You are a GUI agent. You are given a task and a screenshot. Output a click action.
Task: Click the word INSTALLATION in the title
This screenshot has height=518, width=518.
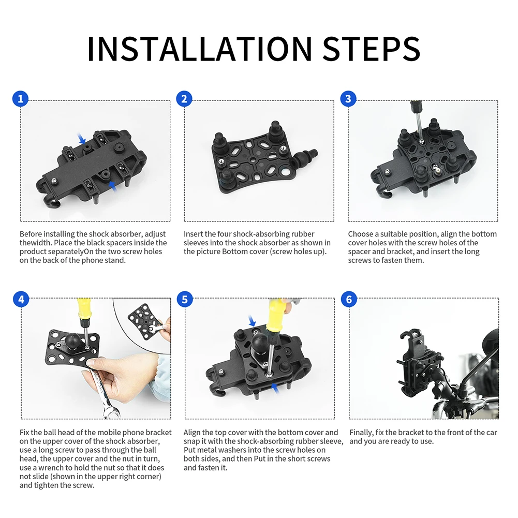point(200,49)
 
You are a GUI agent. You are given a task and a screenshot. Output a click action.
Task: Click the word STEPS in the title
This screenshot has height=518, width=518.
point(371,49)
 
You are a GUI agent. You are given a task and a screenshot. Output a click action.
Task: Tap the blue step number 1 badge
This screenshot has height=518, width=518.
point(21,99)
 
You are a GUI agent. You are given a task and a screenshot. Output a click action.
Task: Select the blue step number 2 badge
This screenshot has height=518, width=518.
point(184,99)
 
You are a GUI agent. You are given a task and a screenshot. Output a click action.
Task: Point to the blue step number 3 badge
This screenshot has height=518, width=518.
point(348,99)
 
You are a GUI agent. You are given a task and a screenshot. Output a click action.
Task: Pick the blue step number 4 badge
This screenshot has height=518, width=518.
point(21,299)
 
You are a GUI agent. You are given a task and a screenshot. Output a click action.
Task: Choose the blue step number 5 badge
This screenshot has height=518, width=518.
point(185,299)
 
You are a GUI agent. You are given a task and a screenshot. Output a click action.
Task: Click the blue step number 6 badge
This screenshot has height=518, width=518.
point(349,299)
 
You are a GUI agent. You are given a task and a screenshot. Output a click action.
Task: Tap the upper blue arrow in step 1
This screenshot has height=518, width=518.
point(81,138)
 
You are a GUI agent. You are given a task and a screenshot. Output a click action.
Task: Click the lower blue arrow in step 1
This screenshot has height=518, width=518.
point(113,186)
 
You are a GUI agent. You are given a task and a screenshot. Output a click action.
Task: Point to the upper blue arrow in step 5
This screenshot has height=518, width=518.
point(252,321)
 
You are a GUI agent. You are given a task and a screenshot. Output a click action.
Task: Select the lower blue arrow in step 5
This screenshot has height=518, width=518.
point(275,388)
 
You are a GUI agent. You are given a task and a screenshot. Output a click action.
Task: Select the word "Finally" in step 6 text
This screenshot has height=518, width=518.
point(361,433)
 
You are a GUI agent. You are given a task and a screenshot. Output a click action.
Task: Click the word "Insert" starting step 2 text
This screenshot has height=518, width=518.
point(193,234)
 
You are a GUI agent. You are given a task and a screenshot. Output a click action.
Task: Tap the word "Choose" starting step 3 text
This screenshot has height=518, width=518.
point(360,234)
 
